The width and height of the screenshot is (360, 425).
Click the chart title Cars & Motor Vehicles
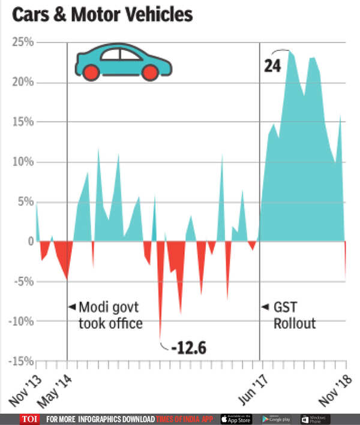[x=102, y=15]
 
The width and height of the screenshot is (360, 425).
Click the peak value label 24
[x=272, y=65]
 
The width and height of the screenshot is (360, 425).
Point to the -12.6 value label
[x=188, y=348]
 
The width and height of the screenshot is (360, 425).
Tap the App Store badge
[x=236, y=418]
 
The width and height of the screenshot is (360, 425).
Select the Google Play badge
[x=277, y=418]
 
